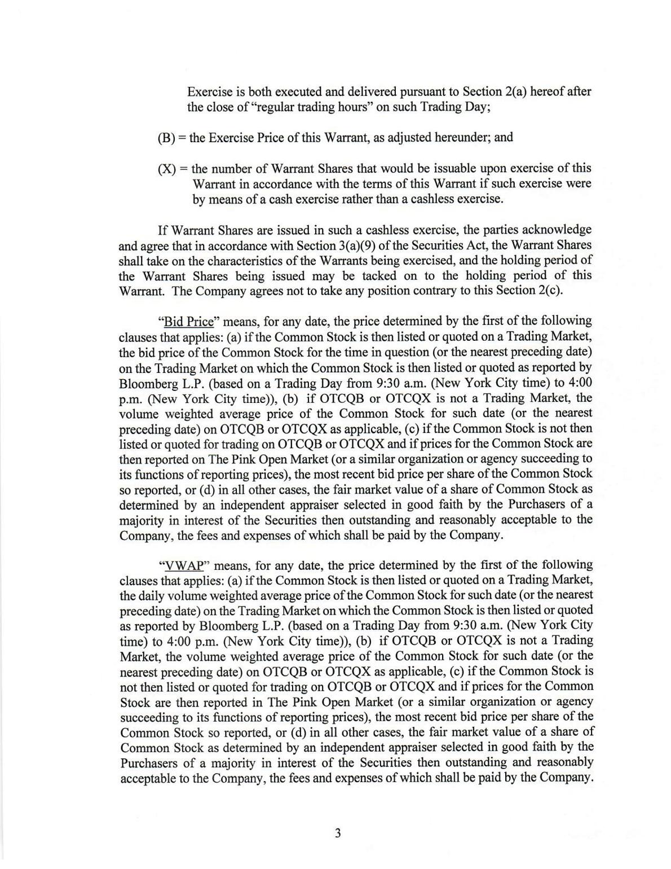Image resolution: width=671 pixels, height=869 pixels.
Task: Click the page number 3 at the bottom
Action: [337, 833]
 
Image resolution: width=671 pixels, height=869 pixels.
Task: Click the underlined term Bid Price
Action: [189, 322]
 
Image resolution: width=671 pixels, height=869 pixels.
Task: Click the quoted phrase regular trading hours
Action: [312, 107]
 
